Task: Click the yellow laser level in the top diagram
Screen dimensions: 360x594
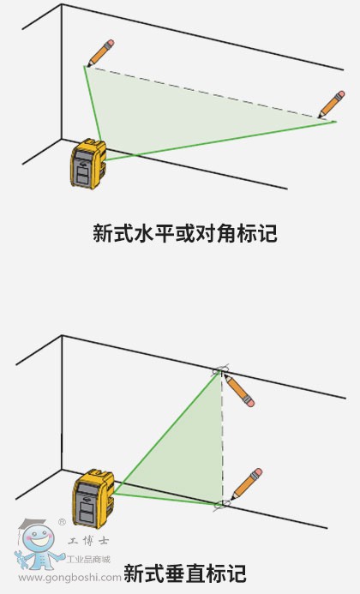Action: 87,163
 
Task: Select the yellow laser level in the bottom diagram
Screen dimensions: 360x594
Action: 93,498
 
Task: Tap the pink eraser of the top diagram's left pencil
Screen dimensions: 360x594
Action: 111,44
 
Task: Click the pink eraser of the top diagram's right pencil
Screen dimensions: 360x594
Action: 340,94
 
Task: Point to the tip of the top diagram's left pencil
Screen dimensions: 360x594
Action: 88,66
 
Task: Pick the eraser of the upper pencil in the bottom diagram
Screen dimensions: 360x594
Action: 249,403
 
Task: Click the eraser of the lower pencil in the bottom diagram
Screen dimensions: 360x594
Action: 258,472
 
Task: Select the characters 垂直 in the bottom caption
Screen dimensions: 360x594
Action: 184,573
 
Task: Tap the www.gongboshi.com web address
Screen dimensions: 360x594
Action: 69,578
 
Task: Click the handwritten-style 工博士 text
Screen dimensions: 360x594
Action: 88,541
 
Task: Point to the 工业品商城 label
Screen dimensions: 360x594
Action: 88,559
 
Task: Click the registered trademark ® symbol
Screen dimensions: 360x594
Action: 62,522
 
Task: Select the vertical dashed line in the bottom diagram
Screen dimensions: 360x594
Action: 223,438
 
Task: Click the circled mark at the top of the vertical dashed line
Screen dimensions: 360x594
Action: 220,370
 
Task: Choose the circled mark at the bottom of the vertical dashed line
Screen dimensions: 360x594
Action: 222,504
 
